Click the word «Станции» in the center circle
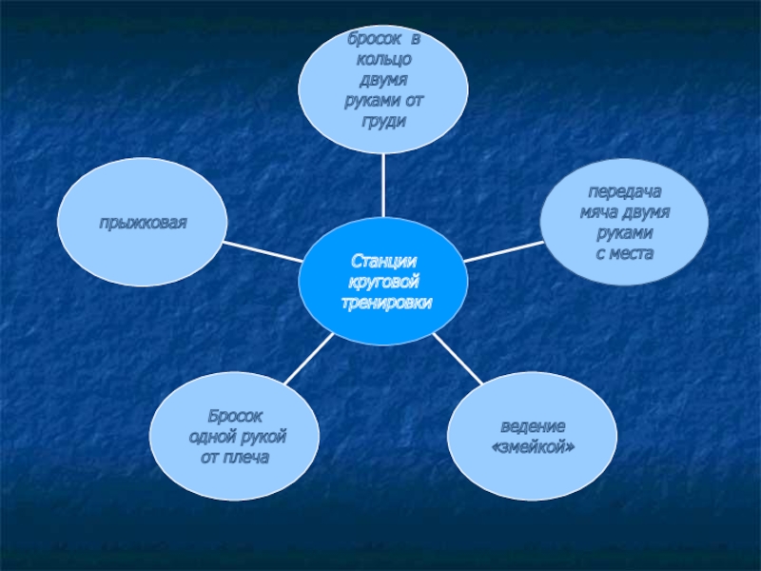[383, 260]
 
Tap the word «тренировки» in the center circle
[384, 302]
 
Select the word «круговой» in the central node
[384, 281]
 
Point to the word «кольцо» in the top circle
[383, 59]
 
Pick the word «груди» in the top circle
[383, 122]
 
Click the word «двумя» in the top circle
[383, 80]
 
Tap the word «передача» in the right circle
[625, 191]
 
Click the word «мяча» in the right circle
[600, 212]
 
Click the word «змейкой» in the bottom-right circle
[533, 446]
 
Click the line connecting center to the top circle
[383, 187]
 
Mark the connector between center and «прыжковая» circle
[263, 250]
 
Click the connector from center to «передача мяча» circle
[504, 250]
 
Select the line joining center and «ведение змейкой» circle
[457, 357]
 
